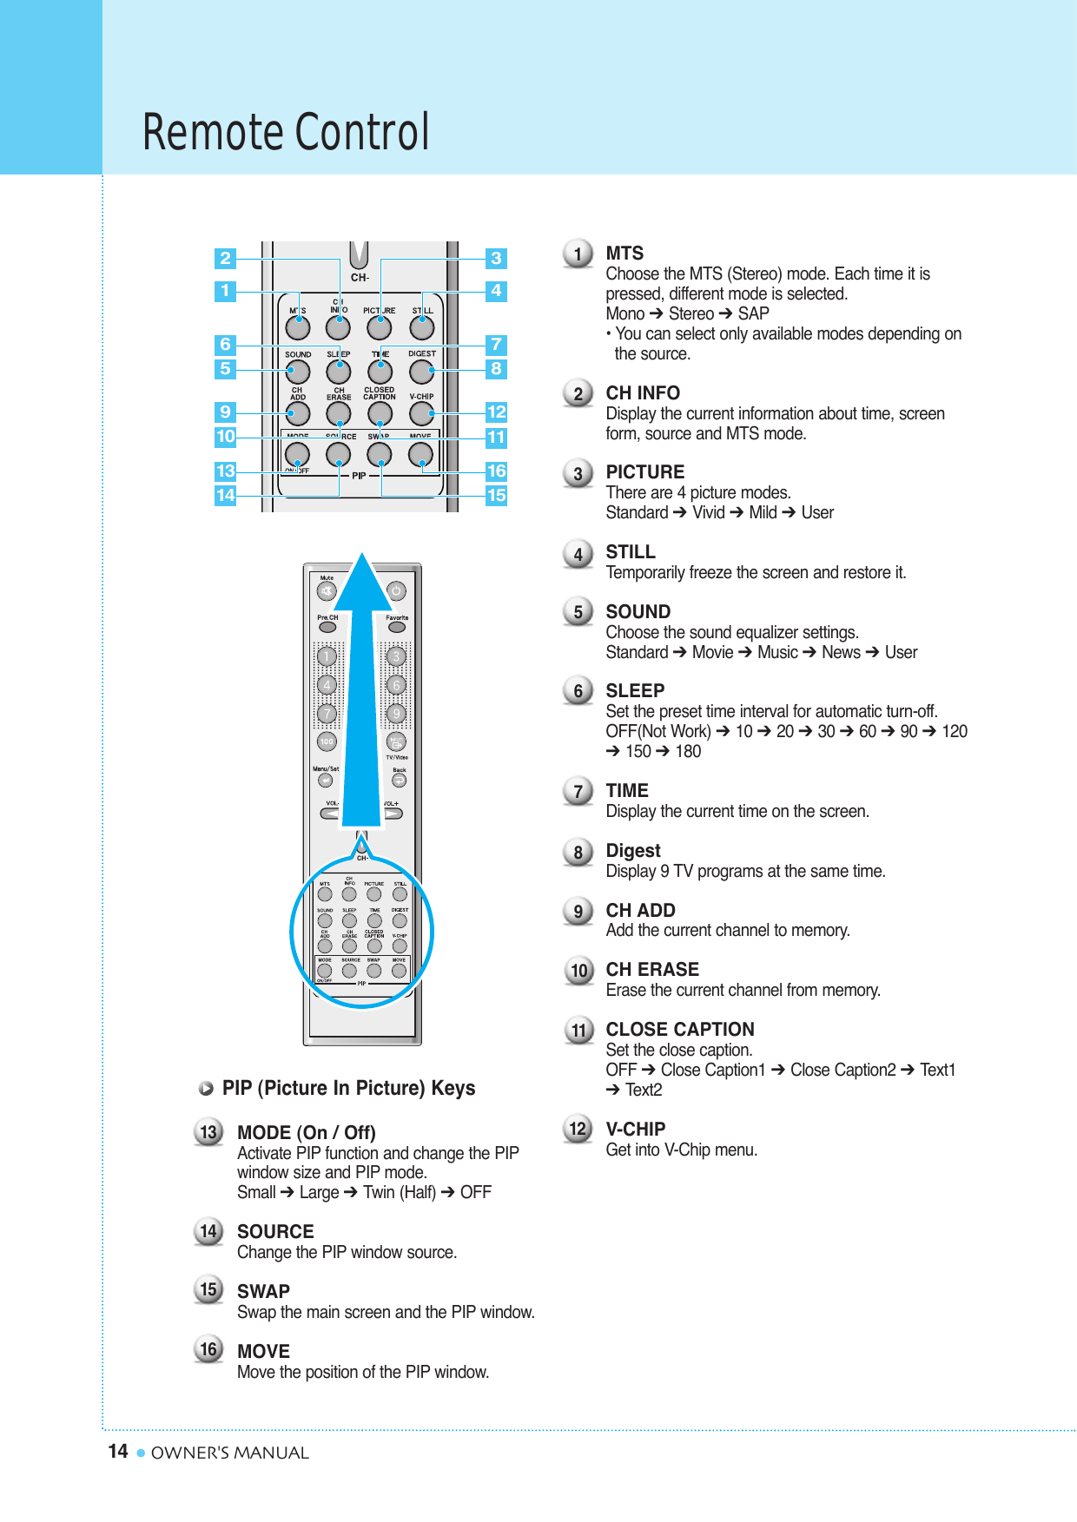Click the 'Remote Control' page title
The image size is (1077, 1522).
coord(286,132)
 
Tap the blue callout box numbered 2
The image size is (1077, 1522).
coord(226,258)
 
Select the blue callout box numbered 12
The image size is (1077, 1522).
coord(496,412)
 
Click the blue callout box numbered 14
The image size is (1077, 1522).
coord(226,495)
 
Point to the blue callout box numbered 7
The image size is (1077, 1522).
coord(496,344)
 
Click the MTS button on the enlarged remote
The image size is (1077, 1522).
coord(298,327)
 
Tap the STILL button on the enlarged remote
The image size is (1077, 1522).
coord(422,327)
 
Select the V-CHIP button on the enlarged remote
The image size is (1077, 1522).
coord(421,413)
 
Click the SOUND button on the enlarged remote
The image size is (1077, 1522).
coord(298,372)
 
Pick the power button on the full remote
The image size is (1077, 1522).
coord(396,591)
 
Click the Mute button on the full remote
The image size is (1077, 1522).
coord(327,591)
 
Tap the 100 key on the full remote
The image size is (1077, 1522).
coord(327,741)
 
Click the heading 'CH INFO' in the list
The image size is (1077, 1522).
coord(643,393)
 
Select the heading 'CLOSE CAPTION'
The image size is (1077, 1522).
coord(680,1030)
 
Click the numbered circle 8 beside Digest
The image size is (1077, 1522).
coord(578,853)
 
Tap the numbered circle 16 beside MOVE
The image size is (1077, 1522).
coord(208,1349)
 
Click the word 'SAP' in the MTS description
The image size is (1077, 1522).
coord(753,313)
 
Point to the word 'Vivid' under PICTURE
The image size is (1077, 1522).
coord(709,512)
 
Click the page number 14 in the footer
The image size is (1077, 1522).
coord(118,1452)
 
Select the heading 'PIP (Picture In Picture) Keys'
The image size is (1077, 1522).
coord(348,1089)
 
